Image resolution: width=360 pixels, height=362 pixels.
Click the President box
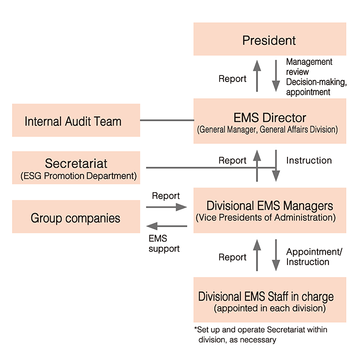(269, 39)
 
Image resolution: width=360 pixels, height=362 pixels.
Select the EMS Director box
(269, 121)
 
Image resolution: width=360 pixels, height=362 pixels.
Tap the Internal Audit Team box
(76, 120)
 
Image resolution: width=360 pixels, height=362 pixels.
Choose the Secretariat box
(76, 168)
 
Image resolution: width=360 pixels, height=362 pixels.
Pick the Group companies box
(76, 217)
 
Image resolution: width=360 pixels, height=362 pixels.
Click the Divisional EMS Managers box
(269, 210)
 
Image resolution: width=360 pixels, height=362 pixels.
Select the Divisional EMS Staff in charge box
(269, 300)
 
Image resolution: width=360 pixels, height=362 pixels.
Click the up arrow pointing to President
(257, 76)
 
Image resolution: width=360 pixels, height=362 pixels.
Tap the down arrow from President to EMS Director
(276, 76)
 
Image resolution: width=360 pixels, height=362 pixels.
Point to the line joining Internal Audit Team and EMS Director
(167, 120)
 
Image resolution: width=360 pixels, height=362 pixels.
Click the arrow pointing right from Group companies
(166, 207)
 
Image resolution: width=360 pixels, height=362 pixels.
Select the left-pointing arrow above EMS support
(167, 226)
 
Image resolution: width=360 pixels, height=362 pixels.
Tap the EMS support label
(164, 244)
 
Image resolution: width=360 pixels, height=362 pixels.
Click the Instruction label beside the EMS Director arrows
(309, 160)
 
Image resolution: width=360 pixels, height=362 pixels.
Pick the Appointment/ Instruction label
(314, 257)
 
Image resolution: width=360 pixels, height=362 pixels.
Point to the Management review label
(309, 67)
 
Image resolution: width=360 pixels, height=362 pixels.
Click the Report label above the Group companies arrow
(166, 196)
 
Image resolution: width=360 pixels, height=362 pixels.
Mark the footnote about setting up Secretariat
(261, 335)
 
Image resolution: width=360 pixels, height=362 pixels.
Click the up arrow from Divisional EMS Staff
(257, 255)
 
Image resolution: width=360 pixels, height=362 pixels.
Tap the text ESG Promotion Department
(78, 176)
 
